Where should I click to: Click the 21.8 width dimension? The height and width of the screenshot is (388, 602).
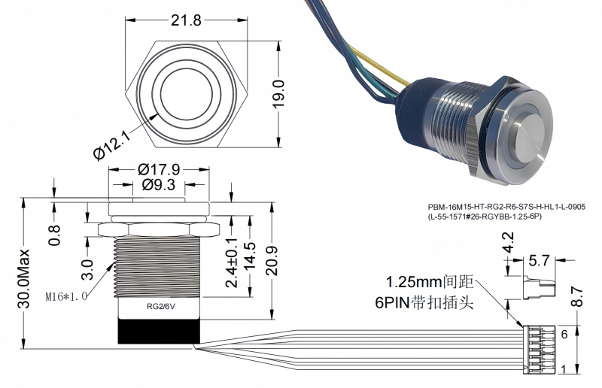coord(185,21)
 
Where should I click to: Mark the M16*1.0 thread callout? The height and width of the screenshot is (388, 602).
coord(66,296)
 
